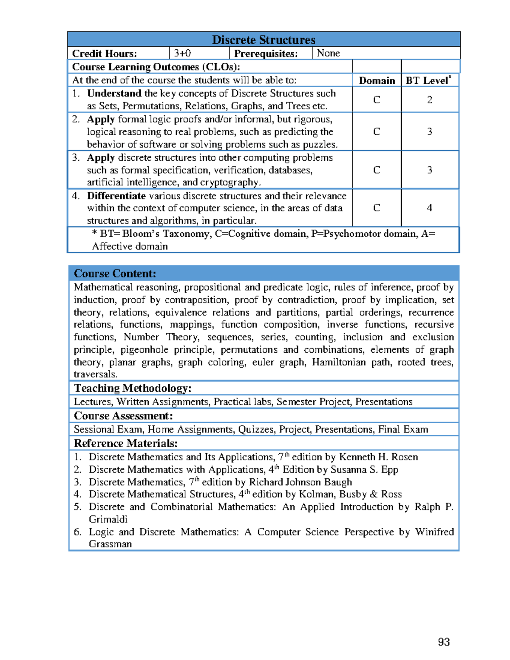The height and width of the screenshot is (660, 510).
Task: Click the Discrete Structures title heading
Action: tap(263, 40)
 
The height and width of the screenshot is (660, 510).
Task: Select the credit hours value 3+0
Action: tap(182, 53)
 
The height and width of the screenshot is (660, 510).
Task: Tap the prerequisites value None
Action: tap(328, 53)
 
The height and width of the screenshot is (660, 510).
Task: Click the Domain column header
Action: tap(377, 81)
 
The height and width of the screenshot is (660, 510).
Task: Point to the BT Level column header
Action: tap(428, 81)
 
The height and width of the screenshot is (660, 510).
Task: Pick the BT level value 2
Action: tap(430, 99)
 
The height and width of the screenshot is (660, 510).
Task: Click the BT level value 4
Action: tap(430, 208)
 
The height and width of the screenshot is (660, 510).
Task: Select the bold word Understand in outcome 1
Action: tap(114, 93)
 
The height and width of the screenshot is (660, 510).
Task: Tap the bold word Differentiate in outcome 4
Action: tap(116, 196)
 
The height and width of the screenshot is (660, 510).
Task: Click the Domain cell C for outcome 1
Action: tap(377, 99)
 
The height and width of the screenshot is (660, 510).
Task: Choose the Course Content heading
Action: tap(115, 273)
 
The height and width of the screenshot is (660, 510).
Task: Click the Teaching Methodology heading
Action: tap(133, 388)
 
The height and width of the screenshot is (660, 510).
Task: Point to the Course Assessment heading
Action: tap(123, 416)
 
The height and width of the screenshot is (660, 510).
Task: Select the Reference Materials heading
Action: tap(126, 443)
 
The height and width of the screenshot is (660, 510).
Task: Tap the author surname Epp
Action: tap(390, 470)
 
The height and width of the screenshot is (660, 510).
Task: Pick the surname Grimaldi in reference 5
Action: tap(108, 519)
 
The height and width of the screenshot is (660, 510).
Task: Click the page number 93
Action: tap(444, 642)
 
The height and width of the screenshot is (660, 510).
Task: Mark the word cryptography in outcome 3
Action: tap(229, 183)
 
